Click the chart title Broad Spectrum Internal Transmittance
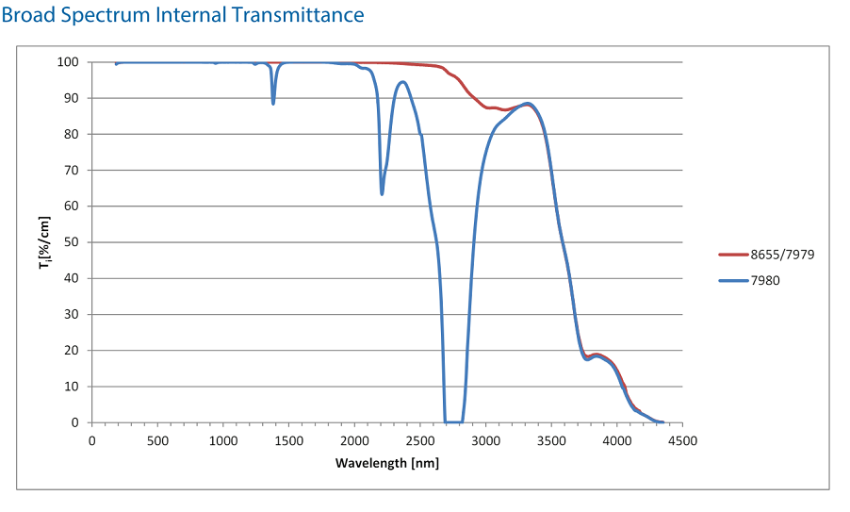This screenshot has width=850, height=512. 183,15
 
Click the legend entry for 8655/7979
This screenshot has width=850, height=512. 776,255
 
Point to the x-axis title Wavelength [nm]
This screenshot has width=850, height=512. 386,463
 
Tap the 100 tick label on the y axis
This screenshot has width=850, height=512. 68,62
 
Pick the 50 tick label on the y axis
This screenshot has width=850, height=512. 72,242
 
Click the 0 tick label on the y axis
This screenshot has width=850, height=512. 74,422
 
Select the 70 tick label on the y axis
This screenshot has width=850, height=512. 72,171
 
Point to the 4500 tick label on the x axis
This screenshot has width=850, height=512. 682,440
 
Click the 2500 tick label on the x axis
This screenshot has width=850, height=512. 419,440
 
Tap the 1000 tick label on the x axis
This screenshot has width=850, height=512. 222,440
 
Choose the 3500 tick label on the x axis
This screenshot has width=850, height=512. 550,440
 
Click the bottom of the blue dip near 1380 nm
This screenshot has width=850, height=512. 273,103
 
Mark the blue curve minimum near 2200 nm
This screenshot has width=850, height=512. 382,193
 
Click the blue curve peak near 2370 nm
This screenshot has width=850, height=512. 403,82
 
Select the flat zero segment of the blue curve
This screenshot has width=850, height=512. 453,421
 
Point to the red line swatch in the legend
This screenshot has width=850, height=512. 732,255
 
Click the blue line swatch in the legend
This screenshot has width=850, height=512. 732,280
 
